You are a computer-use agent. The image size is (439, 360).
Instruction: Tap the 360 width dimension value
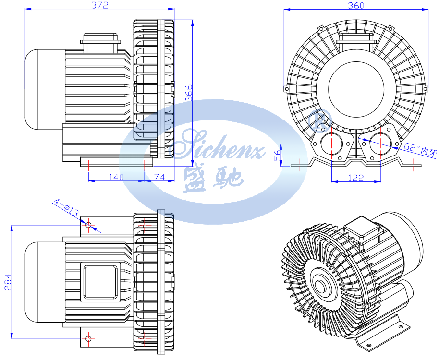[x=356, y=5]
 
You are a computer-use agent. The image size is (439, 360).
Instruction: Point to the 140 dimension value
[x=116, y=177]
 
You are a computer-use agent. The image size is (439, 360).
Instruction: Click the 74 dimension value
[x=158, y=177]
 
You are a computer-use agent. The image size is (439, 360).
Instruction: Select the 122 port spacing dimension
[x=355, y=178]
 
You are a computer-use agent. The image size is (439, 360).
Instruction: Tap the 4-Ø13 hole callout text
[x=66, y=207]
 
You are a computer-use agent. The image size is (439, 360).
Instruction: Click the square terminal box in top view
[x=100, y=281]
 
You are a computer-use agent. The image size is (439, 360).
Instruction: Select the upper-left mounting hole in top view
[x=88, y=224]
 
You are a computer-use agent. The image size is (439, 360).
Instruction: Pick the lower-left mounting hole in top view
[x=88, y=339]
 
